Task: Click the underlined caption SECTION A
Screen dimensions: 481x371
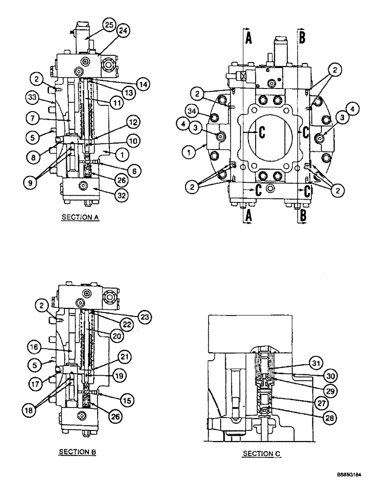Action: coord(80,217)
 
